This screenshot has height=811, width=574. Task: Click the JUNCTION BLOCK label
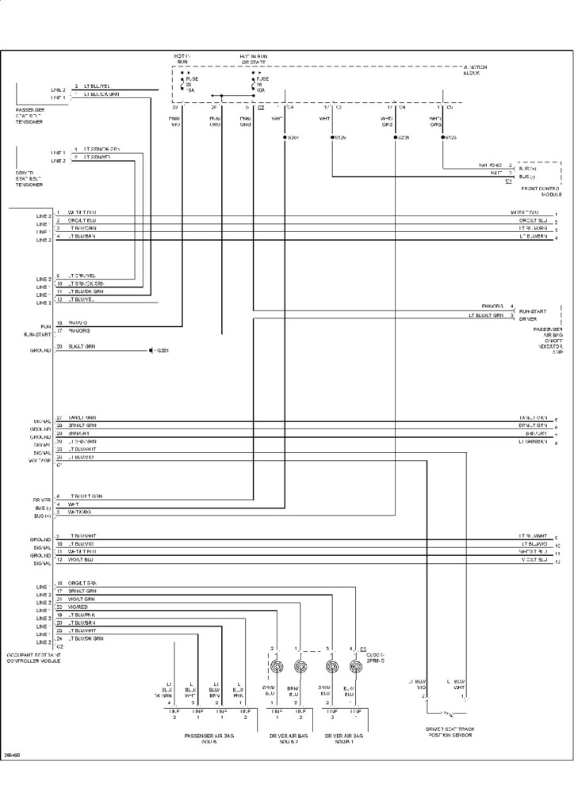pyautogui.click(x=473, y=70)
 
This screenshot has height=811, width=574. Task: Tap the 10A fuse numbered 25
pyautogui.click(x=188, y=85)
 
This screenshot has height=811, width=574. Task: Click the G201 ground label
pyautogui.click(x=162, y=350)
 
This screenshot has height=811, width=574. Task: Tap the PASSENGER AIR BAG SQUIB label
pyautogui.click(x=209, y=739)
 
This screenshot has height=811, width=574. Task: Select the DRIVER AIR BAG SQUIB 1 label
pyautogui.click(x=343, y=739)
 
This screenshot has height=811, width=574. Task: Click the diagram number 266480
pyautogui.click(x=12, y=755)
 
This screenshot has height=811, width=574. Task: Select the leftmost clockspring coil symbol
pyautogui.click(x=277, y=666)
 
